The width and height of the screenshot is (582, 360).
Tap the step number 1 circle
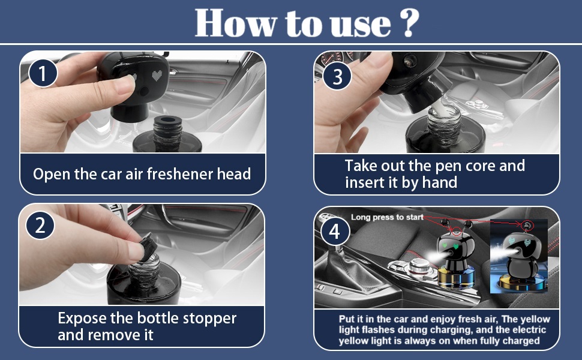[43, 73]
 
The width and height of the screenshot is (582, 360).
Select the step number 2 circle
[40, 225]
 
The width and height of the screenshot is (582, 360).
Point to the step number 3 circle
[337, 76]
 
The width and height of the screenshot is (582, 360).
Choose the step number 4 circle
[334, 232]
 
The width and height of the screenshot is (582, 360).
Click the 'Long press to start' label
[387, 217]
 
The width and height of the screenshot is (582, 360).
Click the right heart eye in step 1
[157, 76]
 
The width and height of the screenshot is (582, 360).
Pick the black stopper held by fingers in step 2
[147, 245]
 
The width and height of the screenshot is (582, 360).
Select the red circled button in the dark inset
[527, 225]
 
